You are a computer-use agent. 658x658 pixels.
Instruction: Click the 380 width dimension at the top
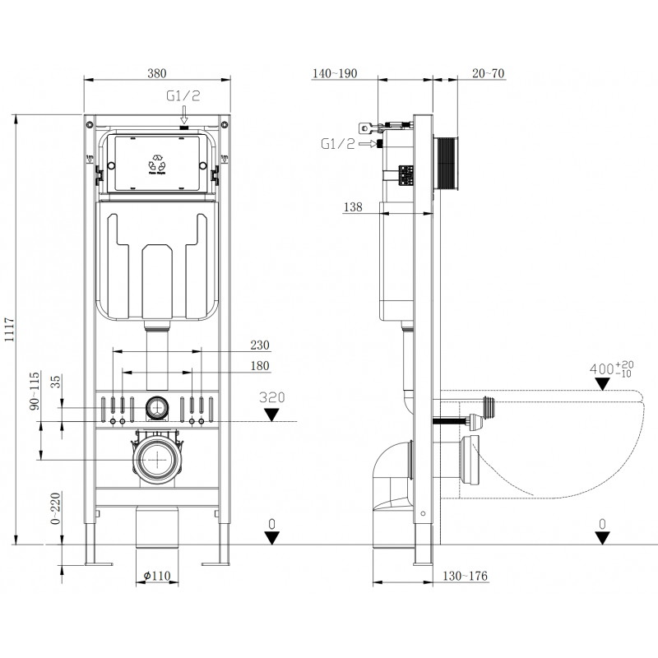point(156,72)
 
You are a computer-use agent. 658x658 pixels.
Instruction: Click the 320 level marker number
point(271,396)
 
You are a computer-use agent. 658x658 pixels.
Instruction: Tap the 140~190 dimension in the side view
point(335,74)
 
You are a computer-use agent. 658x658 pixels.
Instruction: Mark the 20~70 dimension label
point(489,74)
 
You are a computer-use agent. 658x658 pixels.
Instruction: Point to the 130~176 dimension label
point(466,576)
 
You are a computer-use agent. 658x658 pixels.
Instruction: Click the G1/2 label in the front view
point(183,96)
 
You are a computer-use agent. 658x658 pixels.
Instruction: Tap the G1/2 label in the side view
point(338,145)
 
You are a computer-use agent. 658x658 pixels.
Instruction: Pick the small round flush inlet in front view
point(155,405)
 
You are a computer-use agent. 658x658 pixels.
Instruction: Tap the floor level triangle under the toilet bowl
point(603,538)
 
